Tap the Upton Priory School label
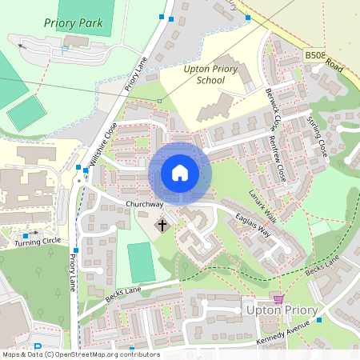[x=210, y=75]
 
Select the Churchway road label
[x=144, y=205]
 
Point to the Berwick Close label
[x=272, y=109]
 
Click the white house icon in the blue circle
[x=180, y=172]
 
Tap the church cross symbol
[x=162, y=226]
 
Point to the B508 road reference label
[x=314, y=56]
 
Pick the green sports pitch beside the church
[x=141, y=262]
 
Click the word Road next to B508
[x=334, y=68]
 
